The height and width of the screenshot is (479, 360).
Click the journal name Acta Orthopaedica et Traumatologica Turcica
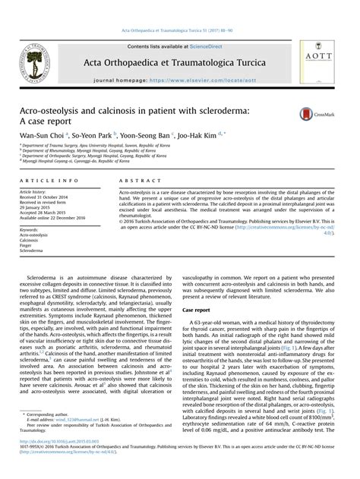pyautogui.click(x=178, y=62)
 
